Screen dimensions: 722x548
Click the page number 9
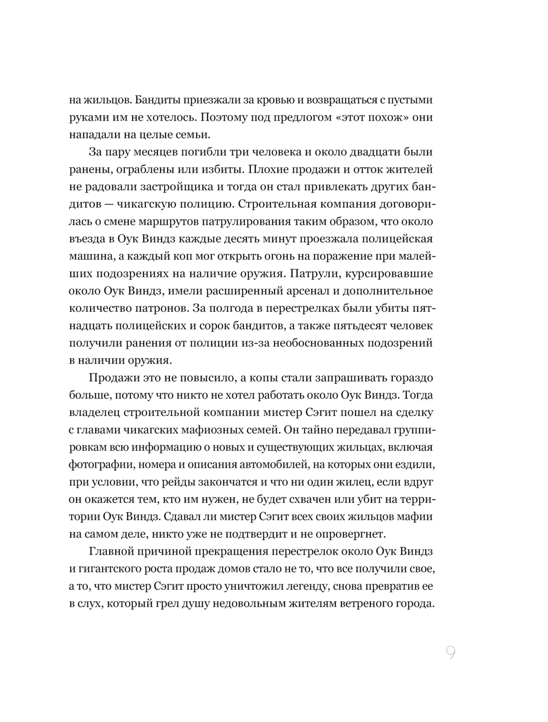pyautogui.click(x=450, y=653)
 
